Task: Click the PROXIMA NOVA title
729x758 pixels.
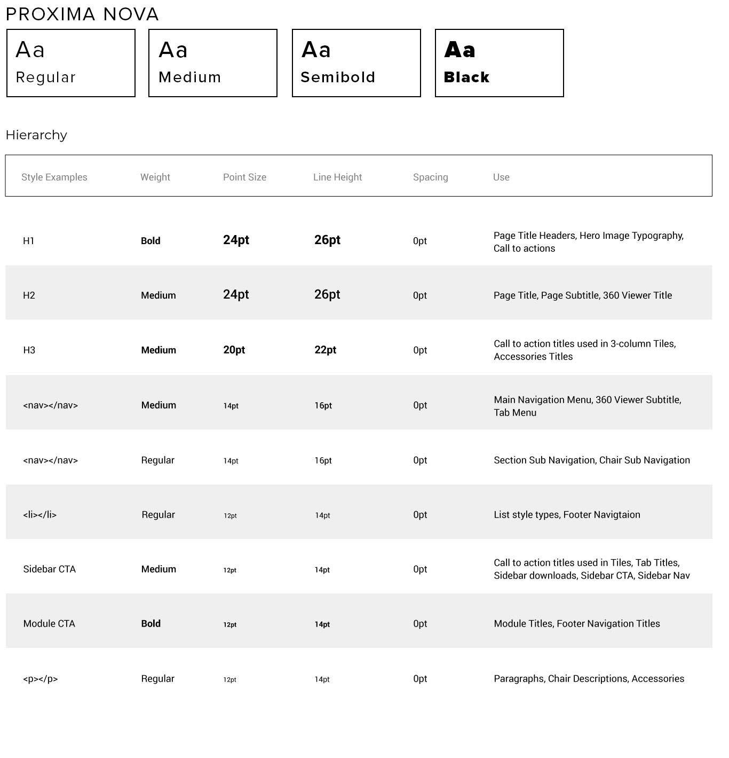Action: coord(82,14)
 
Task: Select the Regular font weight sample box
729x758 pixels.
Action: coord(71,63)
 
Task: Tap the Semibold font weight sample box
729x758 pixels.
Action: coord(356,63)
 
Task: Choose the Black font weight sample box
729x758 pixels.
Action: coord(500,63)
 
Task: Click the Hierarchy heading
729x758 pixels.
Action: coord(36,135)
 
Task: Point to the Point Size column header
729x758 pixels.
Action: coord(244,177)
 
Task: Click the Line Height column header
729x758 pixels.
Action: coord(337,177)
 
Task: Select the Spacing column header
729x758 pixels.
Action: coord(430,177)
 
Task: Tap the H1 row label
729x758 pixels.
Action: coord(29,241)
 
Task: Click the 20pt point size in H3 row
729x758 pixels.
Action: coord(234,350)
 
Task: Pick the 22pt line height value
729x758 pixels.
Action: coord(326,350)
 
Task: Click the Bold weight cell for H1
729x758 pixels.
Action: coord(150,241)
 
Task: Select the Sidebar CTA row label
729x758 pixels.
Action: coord(50,569)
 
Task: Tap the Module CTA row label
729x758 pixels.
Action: coord(49,624)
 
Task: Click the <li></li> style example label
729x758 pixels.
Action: coord(40,515)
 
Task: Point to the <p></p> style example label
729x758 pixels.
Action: coord(41,679)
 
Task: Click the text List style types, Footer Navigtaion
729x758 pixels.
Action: coord(567,515)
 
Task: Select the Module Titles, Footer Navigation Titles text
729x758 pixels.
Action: coord(577,624)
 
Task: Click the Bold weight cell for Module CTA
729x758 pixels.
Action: coord(151,624)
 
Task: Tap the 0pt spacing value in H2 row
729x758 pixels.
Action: coord(420,295)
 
